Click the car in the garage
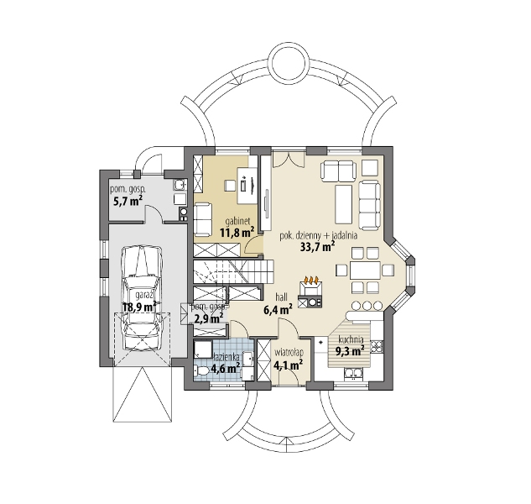(142, 298)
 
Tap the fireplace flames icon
(311, 281)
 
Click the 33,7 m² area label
(317, 247)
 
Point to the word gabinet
(237, 222)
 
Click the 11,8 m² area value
(237, 233)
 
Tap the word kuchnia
(351, 339)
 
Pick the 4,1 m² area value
(289, 365)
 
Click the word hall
(281, 297)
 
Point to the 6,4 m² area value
(278, 309)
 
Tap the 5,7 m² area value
(127, 202)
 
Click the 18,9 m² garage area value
(139, 307)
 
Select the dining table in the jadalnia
(365, 270)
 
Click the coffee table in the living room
(344, 203)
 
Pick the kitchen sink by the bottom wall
(353, 374)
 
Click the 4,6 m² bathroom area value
(226, 368)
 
